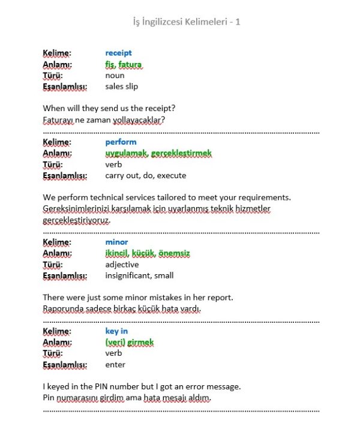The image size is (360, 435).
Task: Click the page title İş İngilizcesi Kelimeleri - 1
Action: pos(187,22)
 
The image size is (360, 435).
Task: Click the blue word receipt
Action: pos(118,53)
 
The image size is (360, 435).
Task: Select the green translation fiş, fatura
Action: pos(124,64)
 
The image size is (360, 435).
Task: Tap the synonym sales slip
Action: pos(121,86)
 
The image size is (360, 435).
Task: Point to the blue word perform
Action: pos(121,143)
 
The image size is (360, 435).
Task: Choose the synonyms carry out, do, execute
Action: pos(145,176)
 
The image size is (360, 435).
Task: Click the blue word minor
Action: pos(116,242)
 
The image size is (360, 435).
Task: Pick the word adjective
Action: pos(122,265)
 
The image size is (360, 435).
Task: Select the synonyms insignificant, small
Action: pos(139,275)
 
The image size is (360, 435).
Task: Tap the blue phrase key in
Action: pos(116,331)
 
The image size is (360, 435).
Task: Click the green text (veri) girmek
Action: pos(129,343)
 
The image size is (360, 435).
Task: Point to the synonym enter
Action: pos(115,365)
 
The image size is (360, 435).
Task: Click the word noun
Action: pos(115,76)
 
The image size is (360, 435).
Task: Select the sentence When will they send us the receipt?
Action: pos(113,109)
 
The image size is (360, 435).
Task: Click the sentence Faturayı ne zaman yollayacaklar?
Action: pos(104,120)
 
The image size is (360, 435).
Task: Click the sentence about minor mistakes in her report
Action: pos(138,298)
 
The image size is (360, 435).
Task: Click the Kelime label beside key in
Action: pos(57,331)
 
